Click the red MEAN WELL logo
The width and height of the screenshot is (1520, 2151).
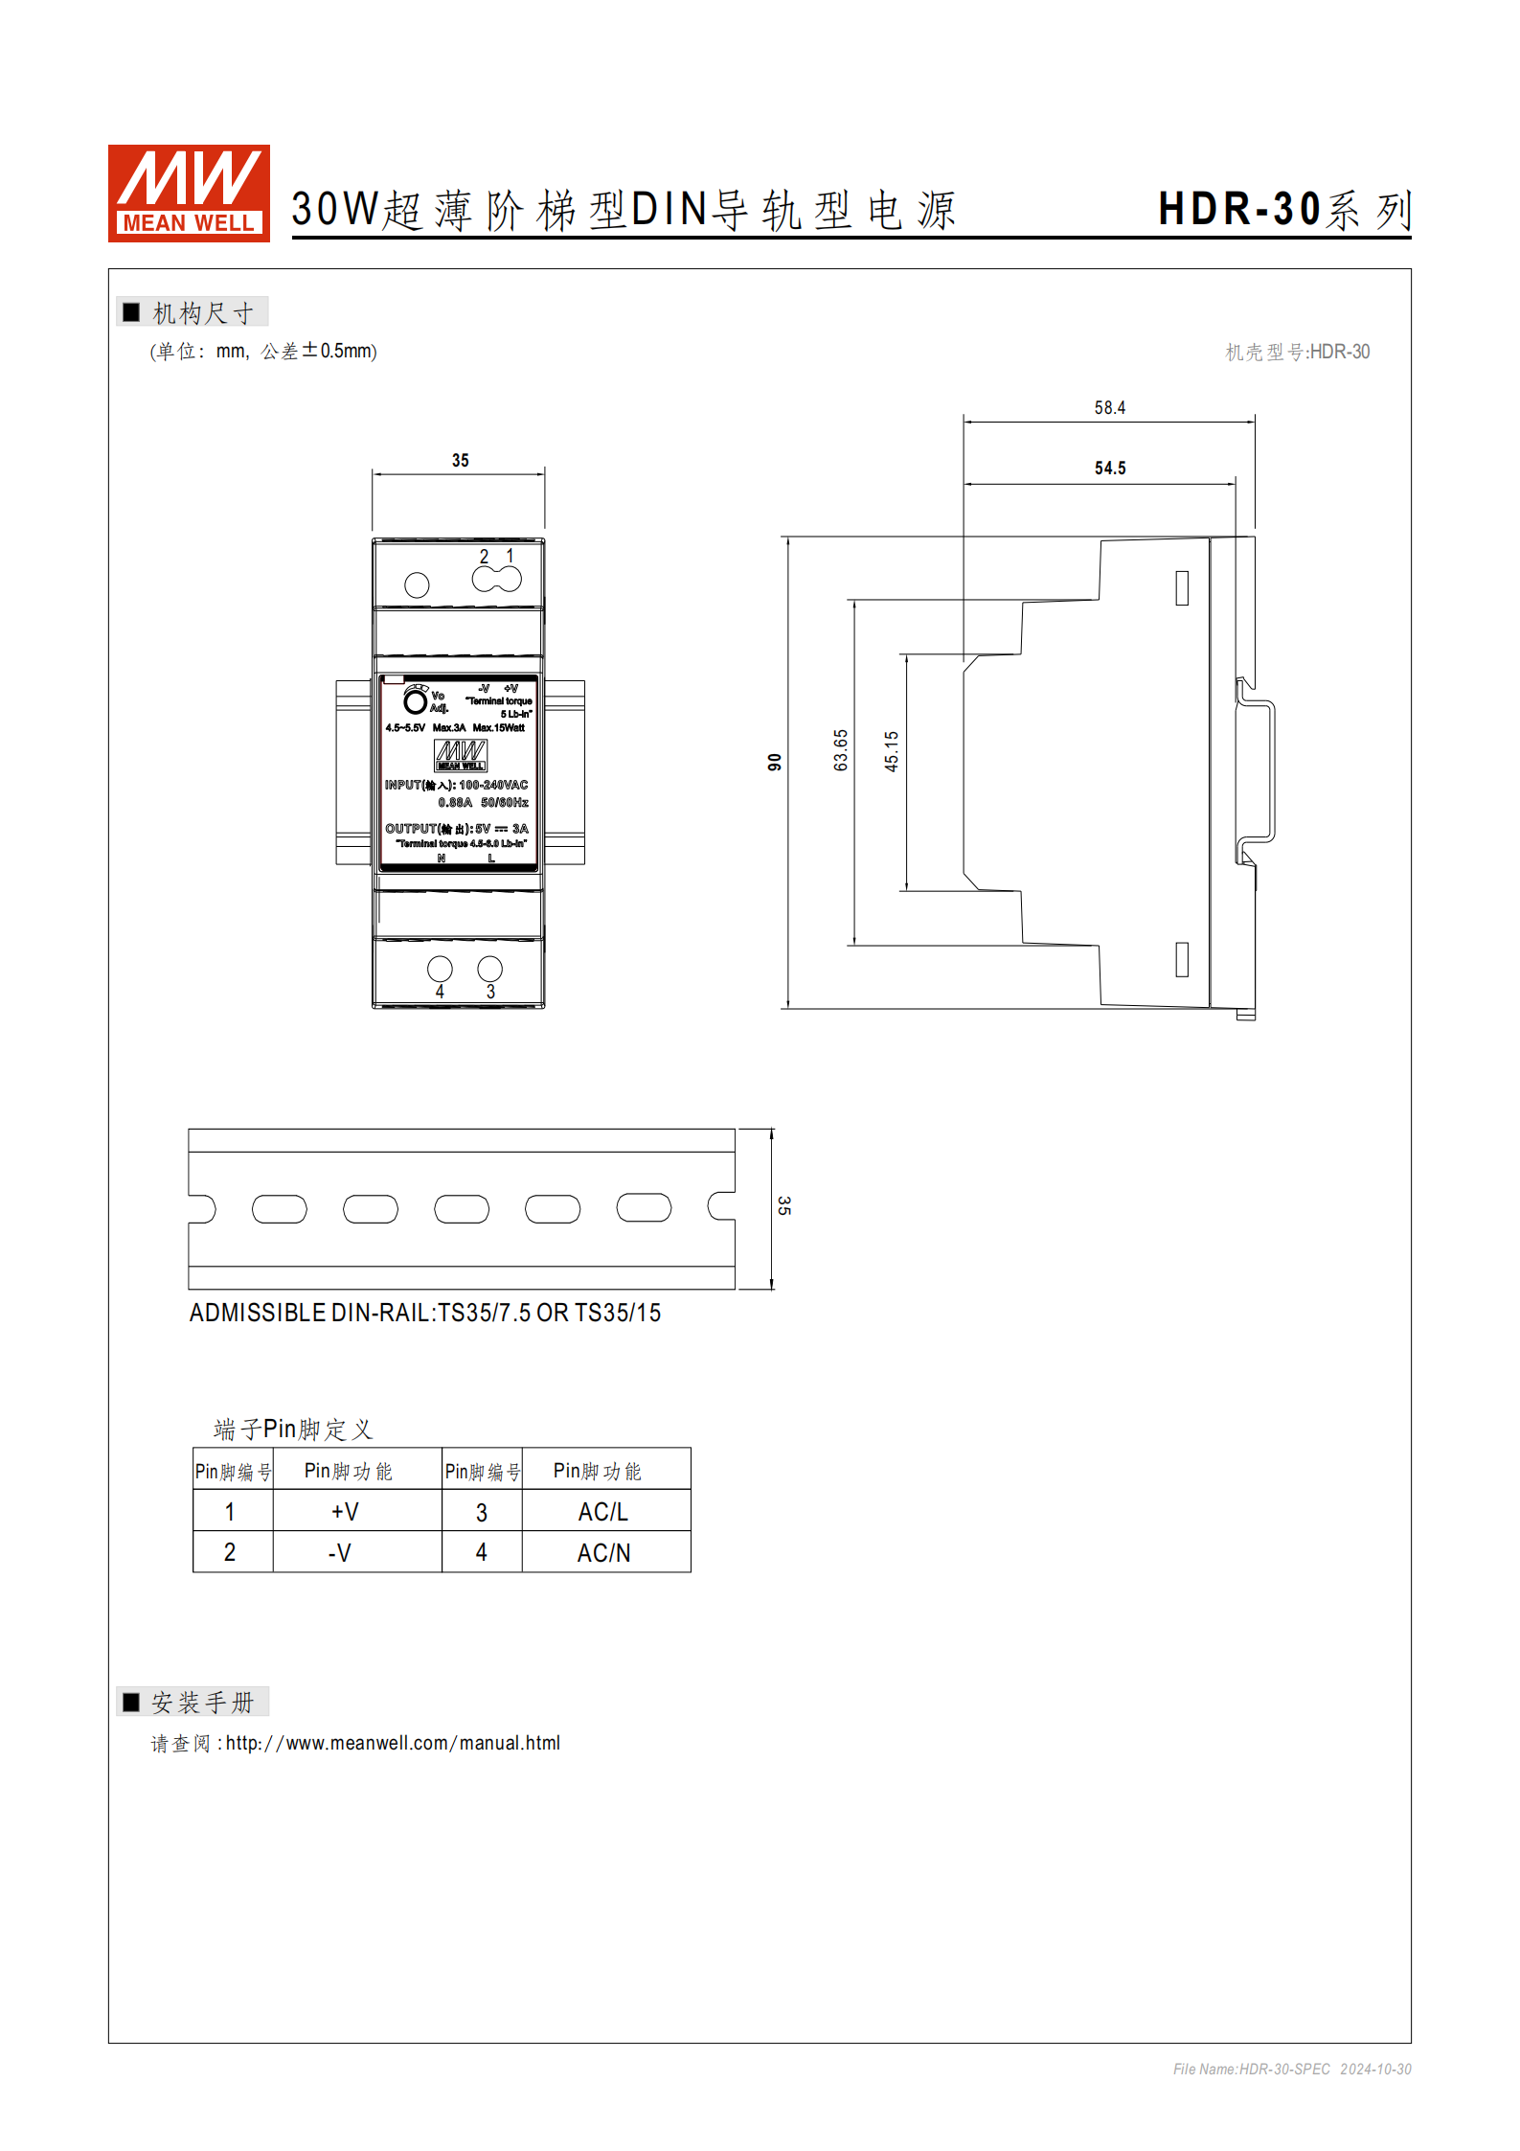pos(189,193)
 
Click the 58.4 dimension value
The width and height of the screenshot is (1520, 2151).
pos(1109,408)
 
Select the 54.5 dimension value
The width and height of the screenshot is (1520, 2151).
pos(1109,469)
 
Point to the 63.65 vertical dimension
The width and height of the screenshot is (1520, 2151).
pos(841,749)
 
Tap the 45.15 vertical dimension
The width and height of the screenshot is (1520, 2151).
pos(892,751)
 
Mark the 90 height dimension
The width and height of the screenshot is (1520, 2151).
pos(775,762)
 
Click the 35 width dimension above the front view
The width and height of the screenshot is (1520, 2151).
pos(460,461)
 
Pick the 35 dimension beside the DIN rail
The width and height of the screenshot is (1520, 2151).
pos(783,1205)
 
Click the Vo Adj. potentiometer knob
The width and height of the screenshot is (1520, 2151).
pos(415,702)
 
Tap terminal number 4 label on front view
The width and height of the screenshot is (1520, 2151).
pos(440,992)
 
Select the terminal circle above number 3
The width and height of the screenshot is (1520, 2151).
pos(489,969)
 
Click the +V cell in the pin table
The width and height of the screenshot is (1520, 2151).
pos(345,1511)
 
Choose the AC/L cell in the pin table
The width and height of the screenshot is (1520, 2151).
pos(603,1511)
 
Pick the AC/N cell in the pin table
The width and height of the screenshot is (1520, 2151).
pos(603,1552)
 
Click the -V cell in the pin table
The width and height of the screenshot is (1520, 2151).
pos(340,1552)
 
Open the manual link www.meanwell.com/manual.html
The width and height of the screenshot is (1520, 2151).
pos(393,1743)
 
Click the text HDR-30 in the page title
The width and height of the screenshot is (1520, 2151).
pos(1239,209)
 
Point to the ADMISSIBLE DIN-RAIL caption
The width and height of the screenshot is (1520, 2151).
pos(424,1313)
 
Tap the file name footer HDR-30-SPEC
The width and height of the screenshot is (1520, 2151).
pos(1284,2069)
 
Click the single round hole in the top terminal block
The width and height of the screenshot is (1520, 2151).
pos(417,584)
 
